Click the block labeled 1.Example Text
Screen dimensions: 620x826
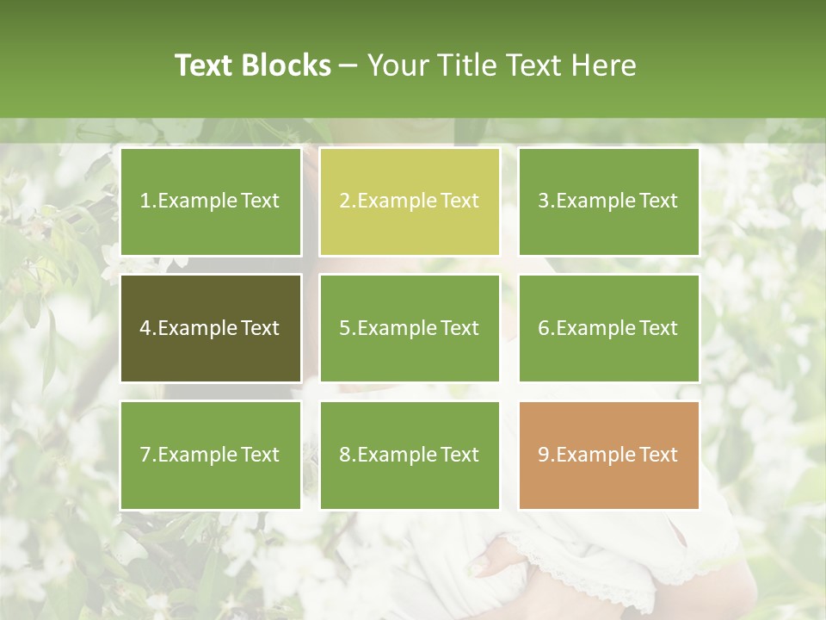click(210, 201)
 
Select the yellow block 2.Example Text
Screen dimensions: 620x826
click(410, 201)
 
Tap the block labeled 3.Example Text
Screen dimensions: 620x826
click(608, 201)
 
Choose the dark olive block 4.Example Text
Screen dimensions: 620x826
click(210, 328)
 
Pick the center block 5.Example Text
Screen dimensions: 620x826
click(410, 328)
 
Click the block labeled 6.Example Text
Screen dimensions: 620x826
click(608, 328)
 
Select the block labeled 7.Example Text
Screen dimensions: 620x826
click(210, 455)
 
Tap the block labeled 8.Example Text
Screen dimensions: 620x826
click(410, 455)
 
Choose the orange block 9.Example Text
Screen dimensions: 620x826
click(608, 455)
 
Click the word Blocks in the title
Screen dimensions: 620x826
click(287, 65)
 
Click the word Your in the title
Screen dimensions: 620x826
click(396, 65)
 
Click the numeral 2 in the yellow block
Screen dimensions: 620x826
click(344, 201)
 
